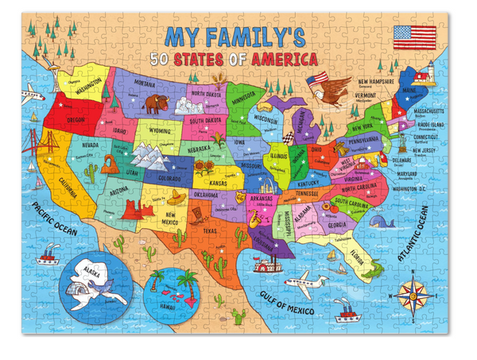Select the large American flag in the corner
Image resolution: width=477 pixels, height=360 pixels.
pos(415,37)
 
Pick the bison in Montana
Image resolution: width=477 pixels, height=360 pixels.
pos(153,103)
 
